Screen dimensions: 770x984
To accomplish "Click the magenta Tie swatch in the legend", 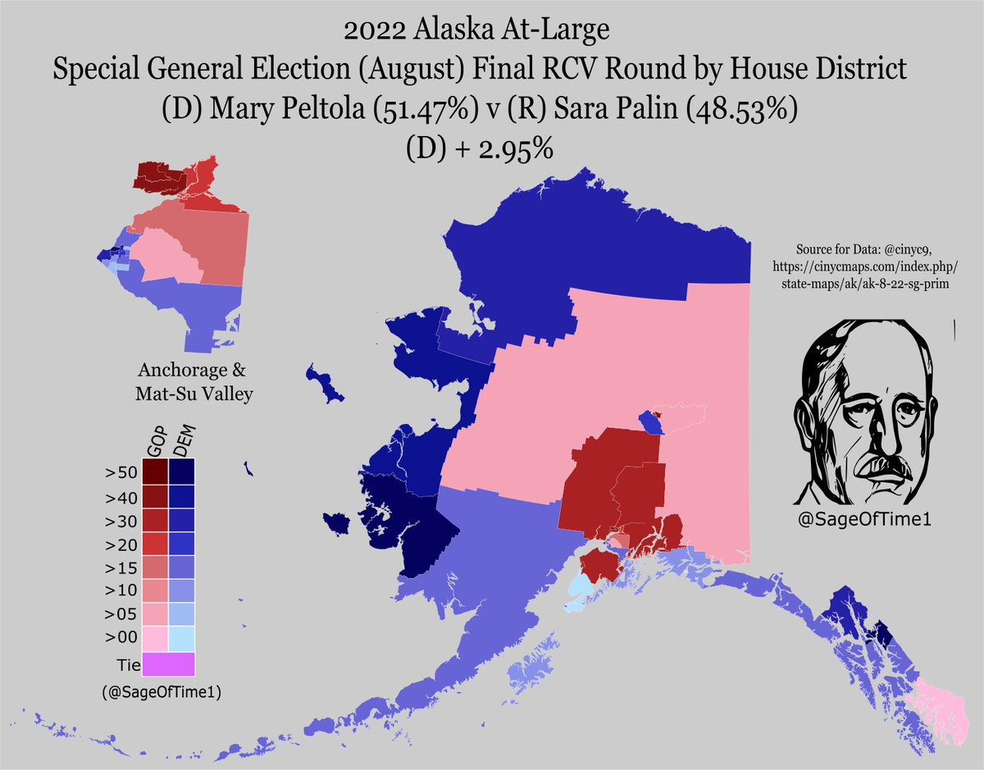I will (167, 663).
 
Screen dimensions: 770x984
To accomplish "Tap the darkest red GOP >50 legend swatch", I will (155, 472).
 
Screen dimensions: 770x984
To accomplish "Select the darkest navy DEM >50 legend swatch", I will (181, 472).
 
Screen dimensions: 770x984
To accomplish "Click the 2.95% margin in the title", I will (509, 150).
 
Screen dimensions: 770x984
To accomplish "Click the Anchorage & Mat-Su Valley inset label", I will (194, 381).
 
